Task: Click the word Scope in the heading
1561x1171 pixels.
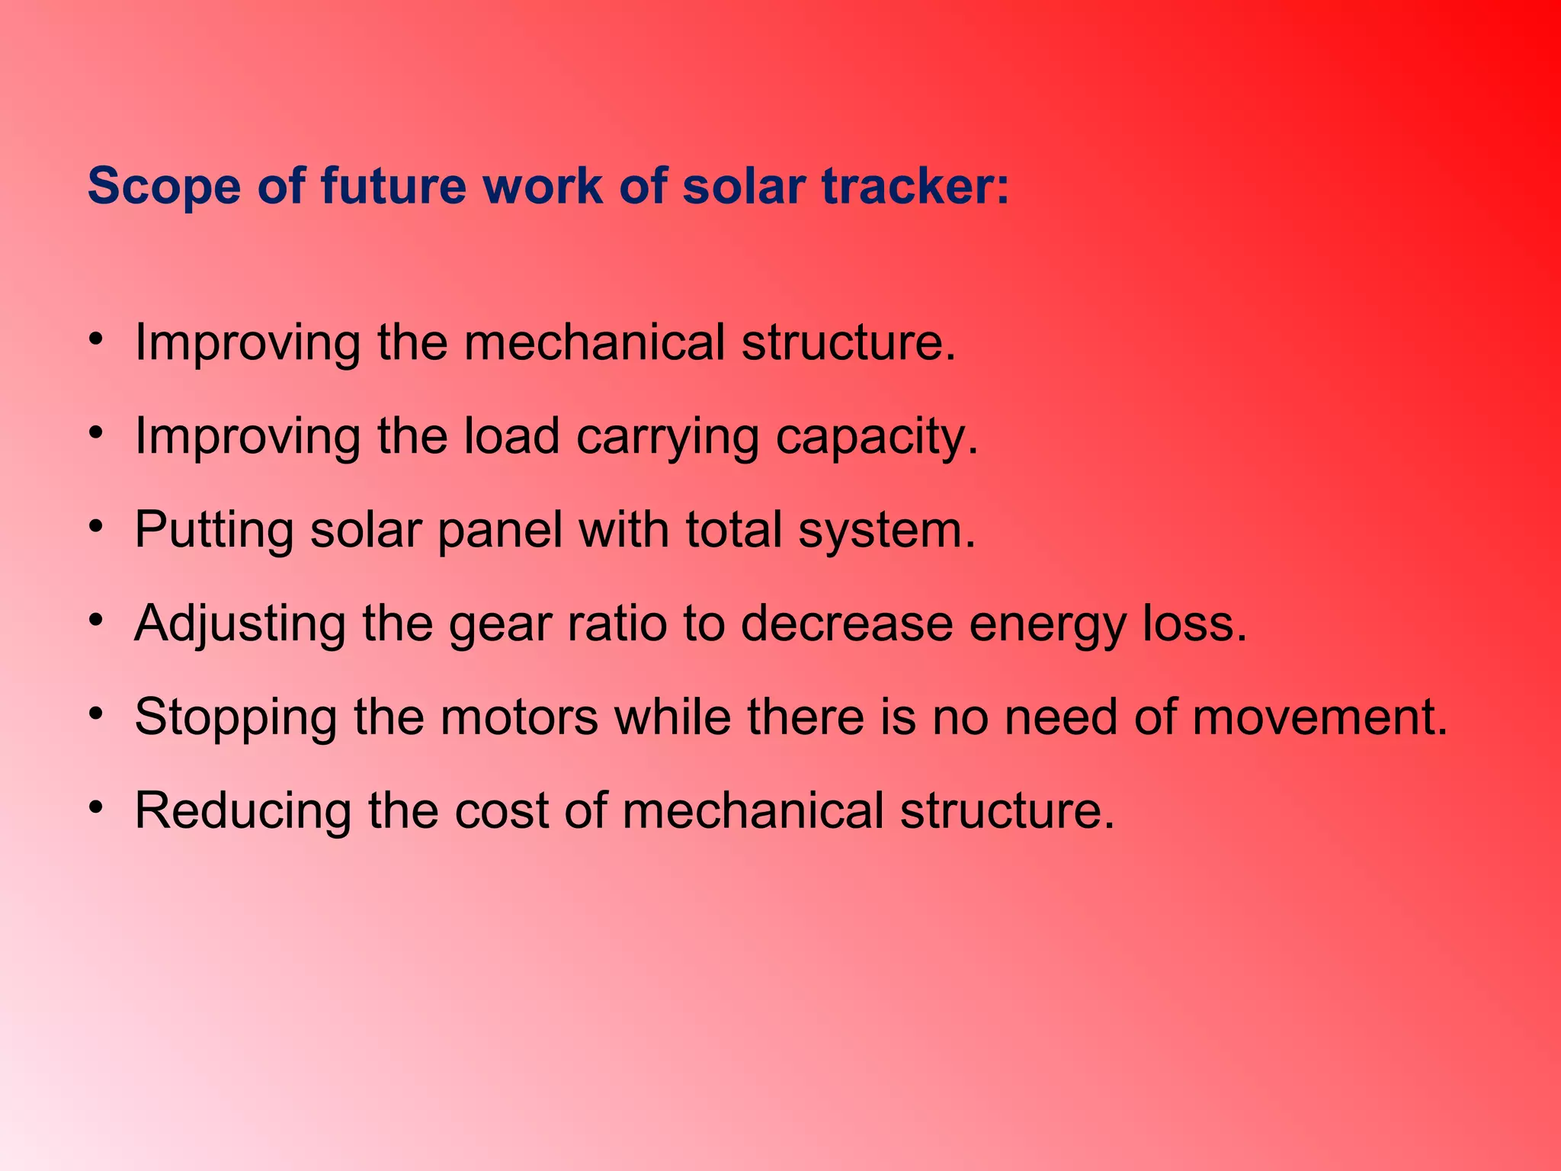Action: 164,187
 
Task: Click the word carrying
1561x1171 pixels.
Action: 667,438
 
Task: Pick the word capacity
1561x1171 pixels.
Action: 877,438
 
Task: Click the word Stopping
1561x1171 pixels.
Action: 236,719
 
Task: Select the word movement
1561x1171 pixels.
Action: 1319,717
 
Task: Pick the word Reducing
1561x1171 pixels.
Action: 243,811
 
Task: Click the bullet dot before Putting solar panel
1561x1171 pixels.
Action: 95,526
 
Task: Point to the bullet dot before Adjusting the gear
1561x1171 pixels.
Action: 95,620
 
